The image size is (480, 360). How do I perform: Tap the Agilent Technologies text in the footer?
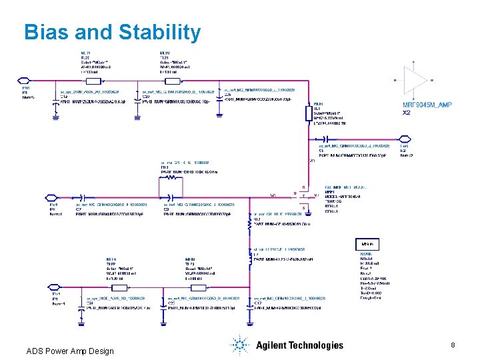click(x=299, y=345)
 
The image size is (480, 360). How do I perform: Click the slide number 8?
click(x=453, y=345)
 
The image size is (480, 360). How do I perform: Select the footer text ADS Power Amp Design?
click(x=70, y=351)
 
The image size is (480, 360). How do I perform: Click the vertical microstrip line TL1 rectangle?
click(x=308, y=113)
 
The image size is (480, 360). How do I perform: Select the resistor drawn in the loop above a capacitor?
click(x=172, y=178)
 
